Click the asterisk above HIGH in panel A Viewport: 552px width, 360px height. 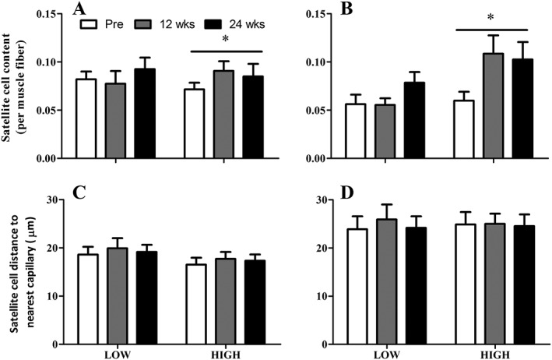point(226,41)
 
